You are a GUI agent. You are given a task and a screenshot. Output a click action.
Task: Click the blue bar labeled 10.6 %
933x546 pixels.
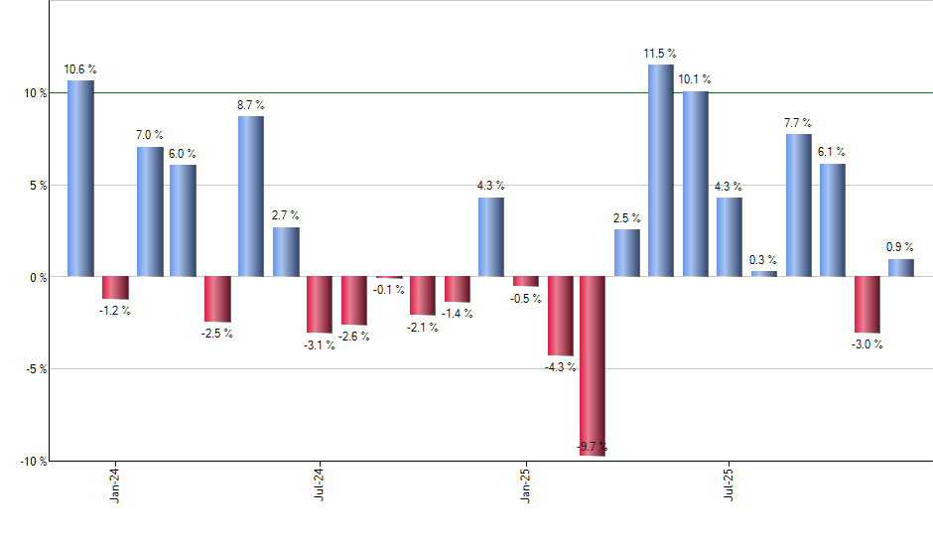pyautogui.click(x=80, y=178)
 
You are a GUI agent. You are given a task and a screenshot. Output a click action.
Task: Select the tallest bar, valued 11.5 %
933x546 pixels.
pyautogui.click(x=661, y=170)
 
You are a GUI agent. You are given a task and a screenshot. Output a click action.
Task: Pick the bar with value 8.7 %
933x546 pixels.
pyautogui.click(x=251, y=196)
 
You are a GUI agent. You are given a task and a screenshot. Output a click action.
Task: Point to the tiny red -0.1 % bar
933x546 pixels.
pyautogui.click(x=388, y=277)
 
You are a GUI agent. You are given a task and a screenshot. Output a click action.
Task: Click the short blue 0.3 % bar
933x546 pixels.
pyautogui.click(x=763, y=273)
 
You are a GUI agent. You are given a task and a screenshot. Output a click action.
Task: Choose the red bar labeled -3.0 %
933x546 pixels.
pyautogui.click(x=866, y=304)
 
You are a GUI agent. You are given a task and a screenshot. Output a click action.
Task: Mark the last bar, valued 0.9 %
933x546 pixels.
pyautogui.click(x=900, y=267)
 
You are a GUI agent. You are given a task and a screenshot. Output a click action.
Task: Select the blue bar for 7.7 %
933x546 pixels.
pyautogui.click(x=798, y=205)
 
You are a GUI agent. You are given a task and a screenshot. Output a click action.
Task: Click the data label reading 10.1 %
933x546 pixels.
pyautogui.click(x=695, y=79)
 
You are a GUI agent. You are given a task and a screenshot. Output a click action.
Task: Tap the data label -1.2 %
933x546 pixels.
pyautogui.click(x=114, y=311)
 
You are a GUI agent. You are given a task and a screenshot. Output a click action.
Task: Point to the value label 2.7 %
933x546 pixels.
pyautogui.click(x=285, y=215)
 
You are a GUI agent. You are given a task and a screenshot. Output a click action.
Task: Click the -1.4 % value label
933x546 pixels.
pyautogui.click(x=457, y=314)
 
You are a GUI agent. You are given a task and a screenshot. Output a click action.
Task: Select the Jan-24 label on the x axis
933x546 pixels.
pyautogui.click(x=115, y=483)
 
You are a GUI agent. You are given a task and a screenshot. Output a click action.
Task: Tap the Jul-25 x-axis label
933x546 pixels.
pyautogui.click(x=731, y=483)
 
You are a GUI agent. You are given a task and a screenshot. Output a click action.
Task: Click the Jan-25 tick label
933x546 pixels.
pyautogui.click(x=525, y=483)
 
